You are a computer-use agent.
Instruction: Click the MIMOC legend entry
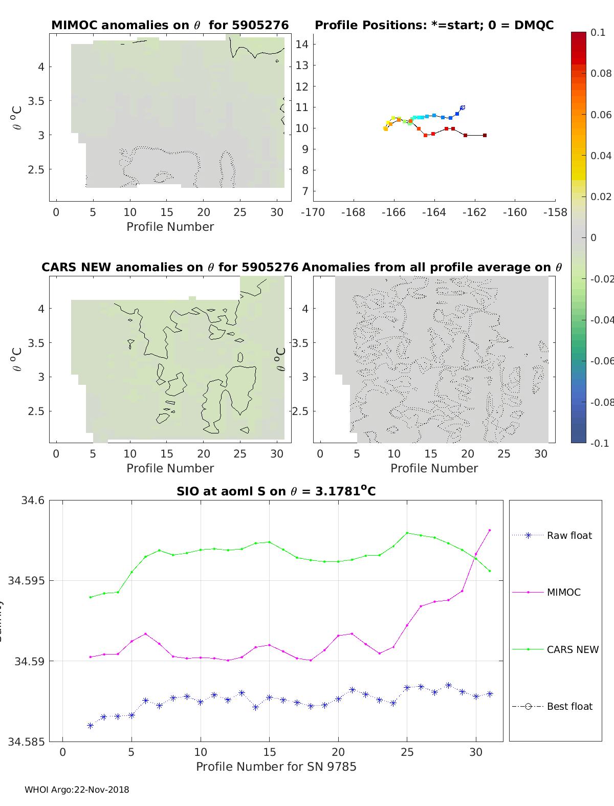[563, 592]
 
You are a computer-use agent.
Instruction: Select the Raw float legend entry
[569, 535]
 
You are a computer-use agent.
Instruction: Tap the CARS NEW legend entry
[572, 649]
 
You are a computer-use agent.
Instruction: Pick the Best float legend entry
[569, 706]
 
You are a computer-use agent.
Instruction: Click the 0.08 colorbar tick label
[601, 73]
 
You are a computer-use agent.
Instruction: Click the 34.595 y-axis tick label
[31, 580]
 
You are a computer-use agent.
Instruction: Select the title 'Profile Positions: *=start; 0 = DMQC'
[434, 25]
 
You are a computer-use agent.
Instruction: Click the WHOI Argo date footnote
[77, 790]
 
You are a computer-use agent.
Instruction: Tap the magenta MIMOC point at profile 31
[490, 530]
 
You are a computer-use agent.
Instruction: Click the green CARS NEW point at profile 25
[407, 533]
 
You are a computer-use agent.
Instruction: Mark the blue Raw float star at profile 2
[90, 726]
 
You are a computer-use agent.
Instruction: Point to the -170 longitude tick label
[313, 212]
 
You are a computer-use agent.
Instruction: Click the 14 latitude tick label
[302, 44]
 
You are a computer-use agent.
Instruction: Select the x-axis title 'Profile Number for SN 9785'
[276, 766]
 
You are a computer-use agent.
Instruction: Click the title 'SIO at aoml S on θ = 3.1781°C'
[276, 491]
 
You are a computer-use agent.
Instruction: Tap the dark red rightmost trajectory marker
[485, 135]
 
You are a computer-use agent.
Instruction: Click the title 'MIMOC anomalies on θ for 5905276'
[170, 25]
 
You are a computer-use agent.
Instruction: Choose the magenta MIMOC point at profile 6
[145, 634]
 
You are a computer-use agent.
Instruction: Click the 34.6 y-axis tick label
[33, 500]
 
